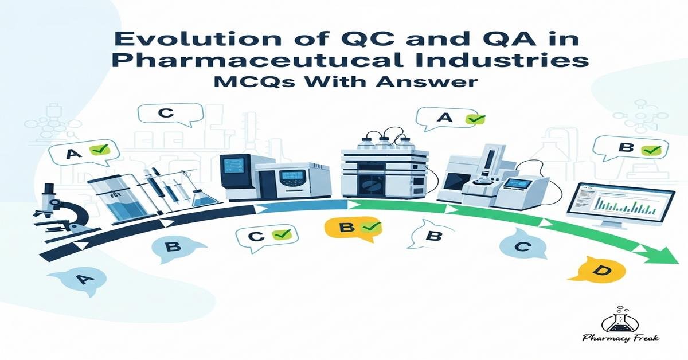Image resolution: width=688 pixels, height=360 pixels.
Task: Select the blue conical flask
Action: (x=204, y=195)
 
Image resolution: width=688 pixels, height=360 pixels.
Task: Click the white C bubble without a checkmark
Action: (x=166, y=113)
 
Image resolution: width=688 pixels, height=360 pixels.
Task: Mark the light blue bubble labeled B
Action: (x=173, y=248)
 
